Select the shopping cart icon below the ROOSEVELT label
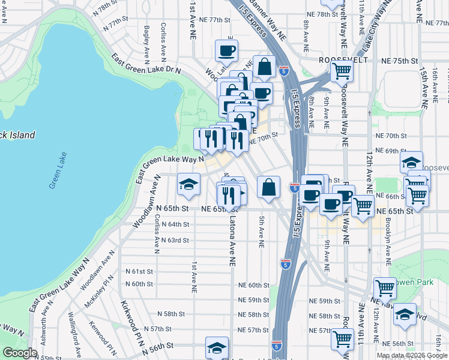click(342, 71)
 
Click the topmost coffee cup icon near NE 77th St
click(226, 51)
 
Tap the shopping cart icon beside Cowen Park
click(385, 289)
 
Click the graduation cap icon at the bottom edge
click(217, 348)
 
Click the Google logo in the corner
click(19, 353)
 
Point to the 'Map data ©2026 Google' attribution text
click(411, 355)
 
